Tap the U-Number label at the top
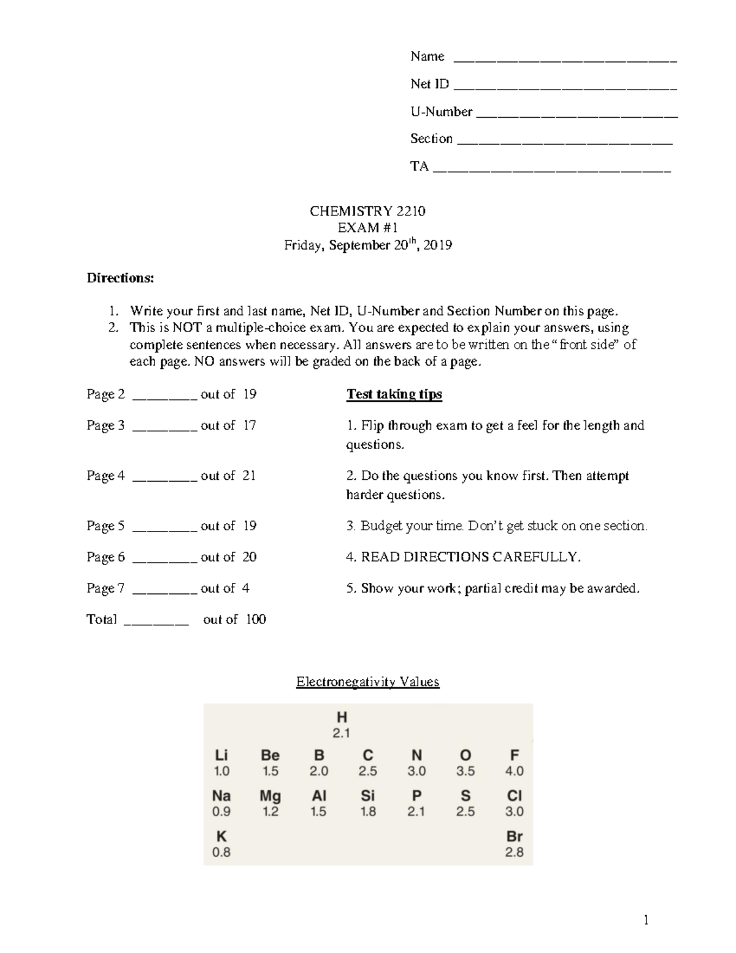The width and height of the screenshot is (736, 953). [x=441, y=112]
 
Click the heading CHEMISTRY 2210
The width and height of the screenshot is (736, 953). [x=367, y=211]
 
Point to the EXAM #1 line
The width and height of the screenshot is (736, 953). [x=368, y=228]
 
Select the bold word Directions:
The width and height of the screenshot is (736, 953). [x=120, y=278]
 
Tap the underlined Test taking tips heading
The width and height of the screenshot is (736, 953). [x=394, y=394]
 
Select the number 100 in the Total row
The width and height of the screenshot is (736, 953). [x=256, y=619]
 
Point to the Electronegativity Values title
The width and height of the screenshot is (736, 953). [x=367, y=682]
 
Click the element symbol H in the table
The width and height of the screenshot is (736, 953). [x=342, y=717]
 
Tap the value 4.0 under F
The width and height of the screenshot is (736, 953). [x=514, y=771]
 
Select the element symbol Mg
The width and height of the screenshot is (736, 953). [x=270, y=796]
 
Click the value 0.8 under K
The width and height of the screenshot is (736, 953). [x=221, y=852]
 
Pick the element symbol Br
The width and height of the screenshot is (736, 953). [x=514, y=836]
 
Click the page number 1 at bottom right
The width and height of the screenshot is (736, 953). [x=646, y=919]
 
